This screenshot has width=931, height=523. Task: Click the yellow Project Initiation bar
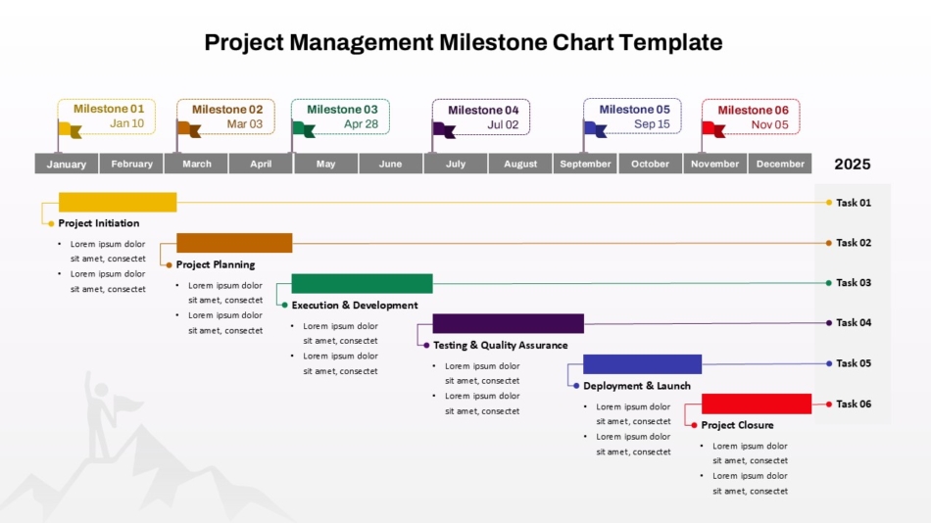point(118,203)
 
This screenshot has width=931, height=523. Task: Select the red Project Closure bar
point(757,404)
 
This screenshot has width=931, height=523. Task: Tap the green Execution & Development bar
point(362,283)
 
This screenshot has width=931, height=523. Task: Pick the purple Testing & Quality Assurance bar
point(508,323)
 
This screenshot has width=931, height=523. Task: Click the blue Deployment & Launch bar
point(642,364)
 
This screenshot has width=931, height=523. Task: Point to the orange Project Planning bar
point(234,243)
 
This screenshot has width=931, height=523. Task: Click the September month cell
point(585,164)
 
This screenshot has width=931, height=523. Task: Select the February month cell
point(131,164)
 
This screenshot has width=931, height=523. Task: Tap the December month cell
point(780,164)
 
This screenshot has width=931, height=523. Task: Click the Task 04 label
point(853,322)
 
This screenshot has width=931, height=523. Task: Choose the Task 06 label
point(853,404)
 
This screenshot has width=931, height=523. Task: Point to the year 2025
point(852,165)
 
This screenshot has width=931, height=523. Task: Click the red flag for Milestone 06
point(712,128)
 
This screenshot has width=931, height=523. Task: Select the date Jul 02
point(503,124)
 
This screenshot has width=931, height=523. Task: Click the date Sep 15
point(652,124)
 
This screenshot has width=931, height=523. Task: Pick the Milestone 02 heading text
point(227,110)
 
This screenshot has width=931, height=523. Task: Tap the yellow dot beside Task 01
point(828,203)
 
